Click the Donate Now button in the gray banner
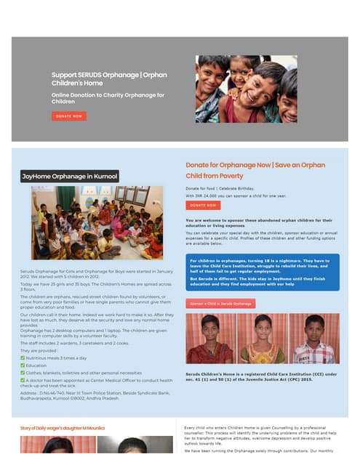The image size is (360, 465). coord(69,116)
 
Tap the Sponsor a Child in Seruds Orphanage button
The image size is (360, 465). coord(220,303)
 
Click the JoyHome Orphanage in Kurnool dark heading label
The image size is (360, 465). coord(70,176)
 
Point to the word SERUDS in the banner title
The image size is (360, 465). coord(97,74)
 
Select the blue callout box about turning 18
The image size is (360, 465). coord(262,272)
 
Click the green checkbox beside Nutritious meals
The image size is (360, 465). coord(23,358)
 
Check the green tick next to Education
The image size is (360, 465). coord(23,365)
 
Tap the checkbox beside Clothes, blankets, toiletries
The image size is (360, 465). coord(23,373)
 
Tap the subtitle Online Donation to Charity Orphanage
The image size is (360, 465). coord(108,98)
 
